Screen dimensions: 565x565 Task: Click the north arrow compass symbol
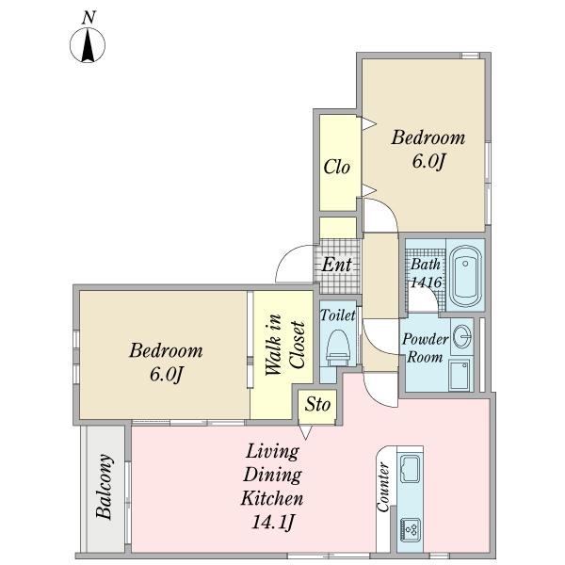(x=88, y=45)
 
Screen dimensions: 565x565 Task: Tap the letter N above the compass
(x=89, y=18)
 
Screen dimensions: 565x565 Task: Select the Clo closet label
(x=337, y=167)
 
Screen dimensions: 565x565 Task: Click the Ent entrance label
(x=336, y=265)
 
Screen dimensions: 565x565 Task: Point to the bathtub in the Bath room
(x=466, y=276)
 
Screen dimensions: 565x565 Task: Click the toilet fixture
(x=338, y=347)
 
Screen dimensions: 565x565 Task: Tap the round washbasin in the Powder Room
(x=462, y=336)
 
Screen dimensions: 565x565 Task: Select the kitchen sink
(x=410, y=469)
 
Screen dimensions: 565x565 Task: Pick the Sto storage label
(x=317, y=405)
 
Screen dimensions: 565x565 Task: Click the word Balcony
(x=105, y=486)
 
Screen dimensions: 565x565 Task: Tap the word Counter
(x=383, y=487)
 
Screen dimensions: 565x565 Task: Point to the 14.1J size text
(x=272, y=522)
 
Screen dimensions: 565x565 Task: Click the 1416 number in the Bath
(x=426, y=282)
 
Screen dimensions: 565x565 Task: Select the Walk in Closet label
(x=285, y=345)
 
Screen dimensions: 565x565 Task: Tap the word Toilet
(x=338, y=315)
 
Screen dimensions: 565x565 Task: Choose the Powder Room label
(x=426, y=348)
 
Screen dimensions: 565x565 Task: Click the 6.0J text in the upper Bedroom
(x=428, y=161)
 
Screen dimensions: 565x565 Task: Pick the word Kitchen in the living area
(x=272, y=499)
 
